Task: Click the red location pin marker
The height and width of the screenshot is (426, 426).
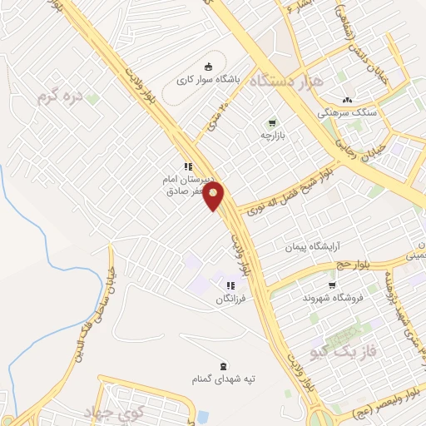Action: click(215, 197)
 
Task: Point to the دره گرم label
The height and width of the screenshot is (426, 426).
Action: click(61, 97)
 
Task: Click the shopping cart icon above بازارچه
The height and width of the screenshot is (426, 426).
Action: click(272, 122)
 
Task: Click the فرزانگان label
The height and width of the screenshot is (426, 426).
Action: click(231, 298)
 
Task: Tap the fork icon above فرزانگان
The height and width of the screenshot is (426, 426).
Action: click(230, 285)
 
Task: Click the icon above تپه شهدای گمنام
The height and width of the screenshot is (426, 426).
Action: click(222, 364)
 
